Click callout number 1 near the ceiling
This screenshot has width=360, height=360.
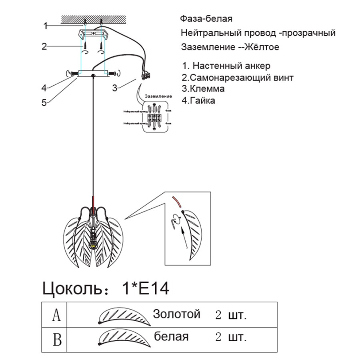46,26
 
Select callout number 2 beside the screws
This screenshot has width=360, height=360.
44,46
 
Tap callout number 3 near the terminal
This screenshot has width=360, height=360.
115,88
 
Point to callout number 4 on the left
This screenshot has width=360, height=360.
44,88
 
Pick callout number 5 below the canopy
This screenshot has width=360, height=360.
44,102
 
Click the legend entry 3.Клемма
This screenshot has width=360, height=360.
203,89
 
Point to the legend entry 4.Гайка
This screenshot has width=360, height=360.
198,100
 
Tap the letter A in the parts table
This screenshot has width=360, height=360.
56,315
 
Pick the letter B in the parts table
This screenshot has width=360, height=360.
57,340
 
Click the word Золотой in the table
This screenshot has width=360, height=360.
176,314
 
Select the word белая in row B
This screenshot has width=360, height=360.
171,337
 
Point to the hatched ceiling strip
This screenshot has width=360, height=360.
93,19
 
